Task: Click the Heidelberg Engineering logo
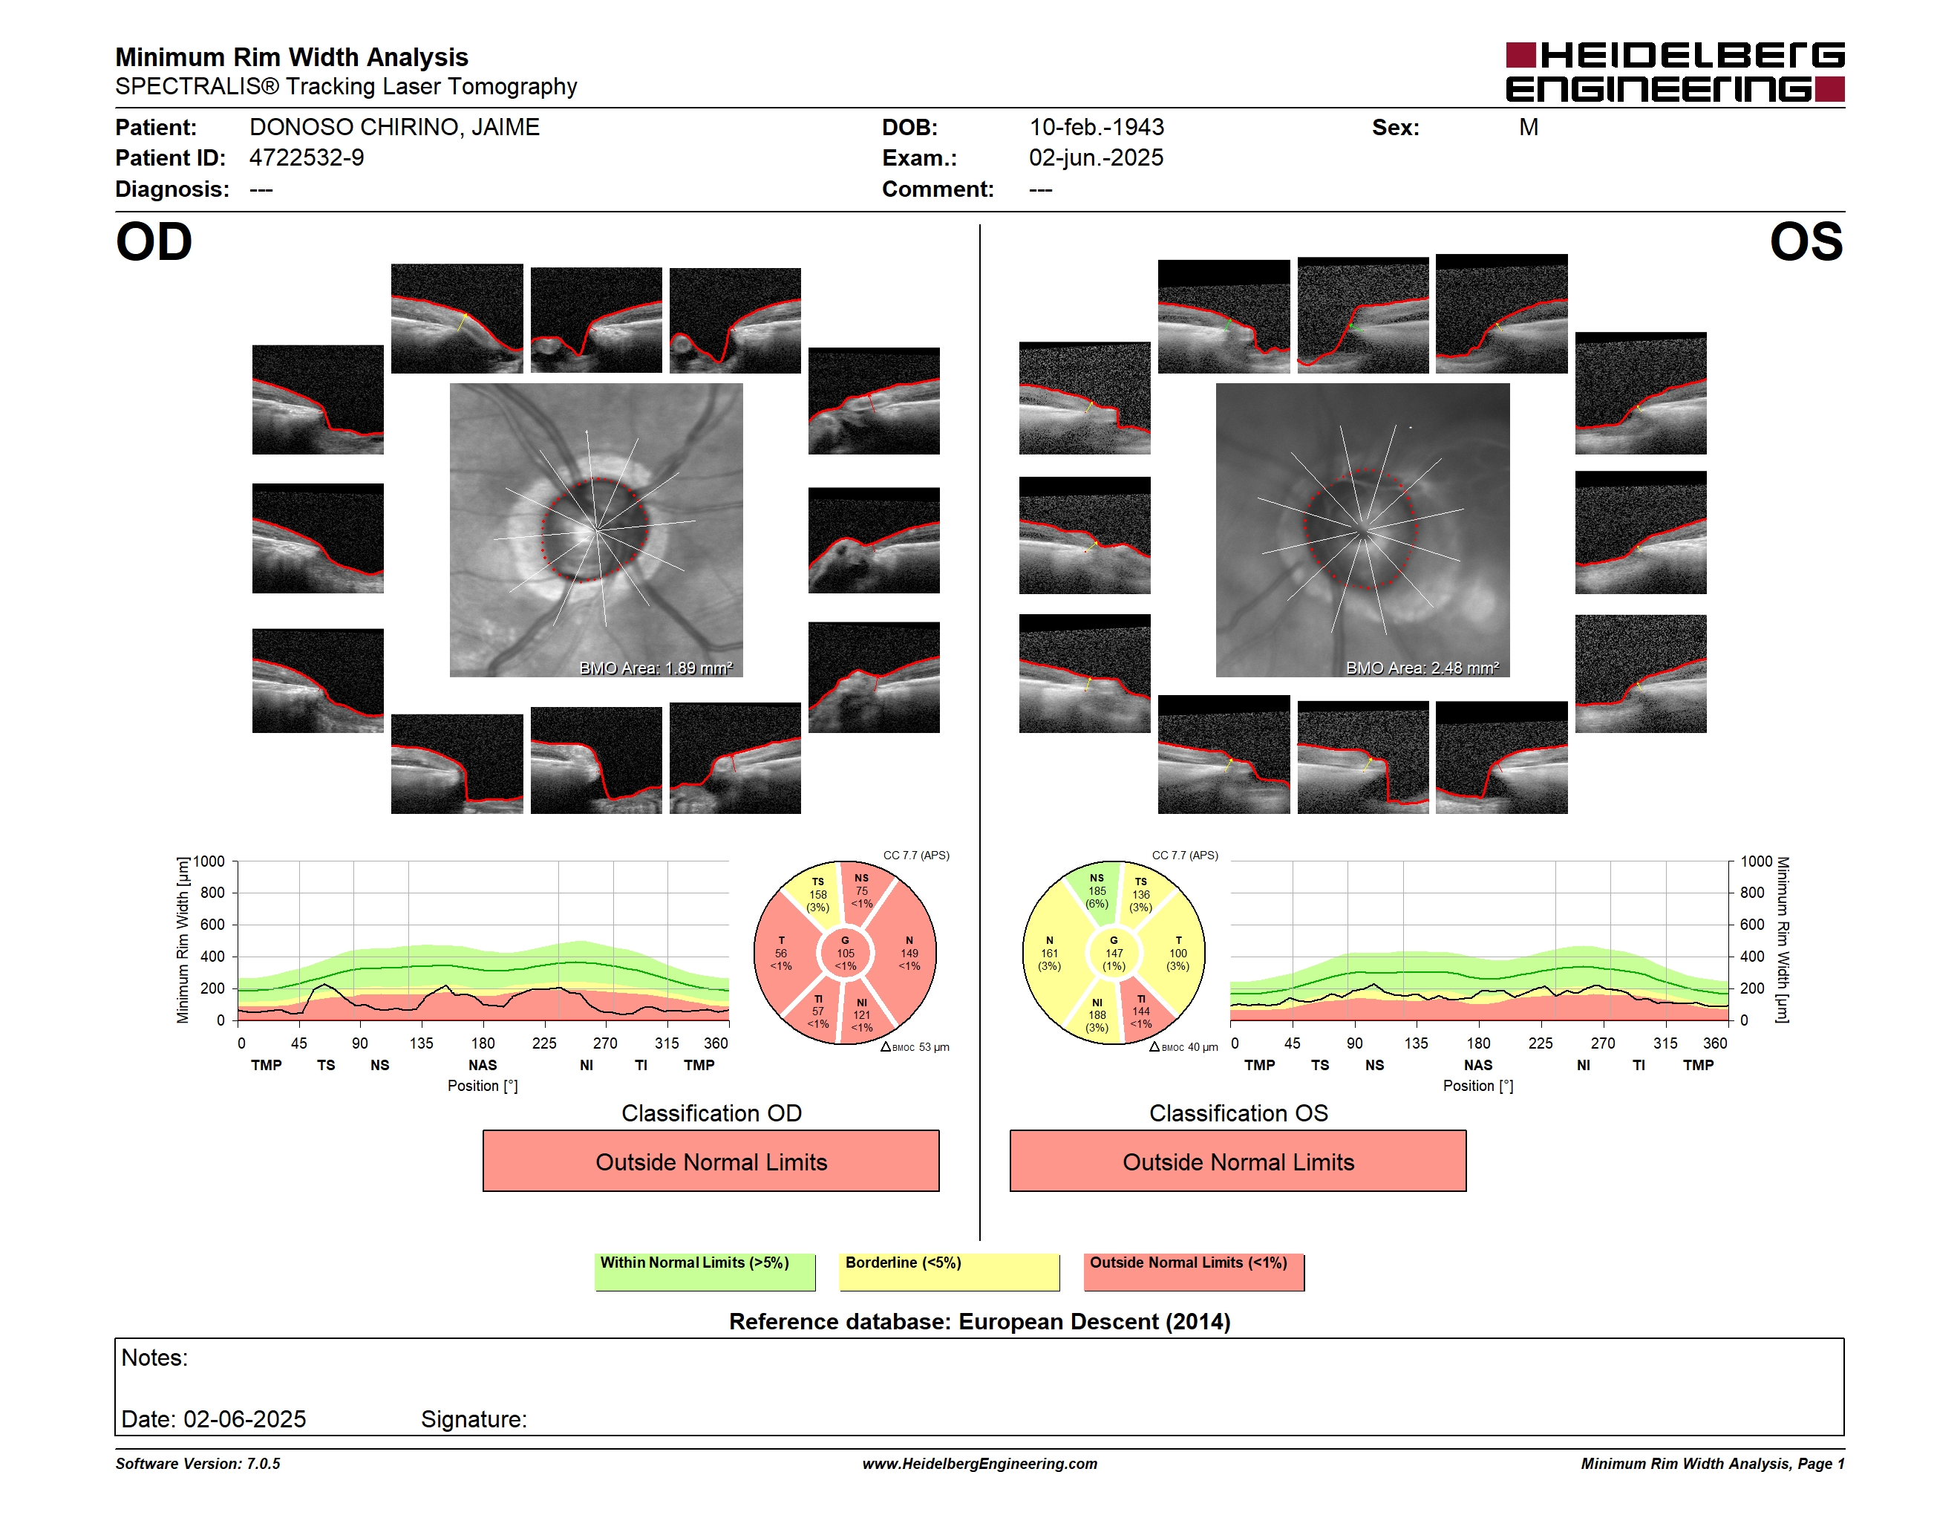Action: (x=1675, y=72)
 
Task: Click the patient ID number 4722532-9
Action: (x=306, y=158)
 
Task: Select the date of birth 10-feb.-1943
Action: (x=1096, y=128)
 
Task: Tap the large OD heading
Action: (x=154, y=241)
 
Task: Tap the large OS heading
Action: (x=1806, y=241)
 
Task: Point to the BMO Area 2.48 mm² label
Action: (x=1422, y=668)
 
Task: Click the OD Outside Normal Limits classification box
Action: (x=710, y=1161)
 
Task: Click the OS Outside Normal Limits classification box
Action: (x=1238, y=1161)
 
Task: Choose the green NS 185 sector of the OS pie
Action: (x=1096, y=891)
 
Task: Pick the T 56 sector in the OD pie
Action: (x=782, y=953)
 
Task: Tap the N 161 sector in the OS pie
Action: (x=1050, y=953)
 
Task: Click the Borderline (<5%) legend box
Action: (x=949, y=1271)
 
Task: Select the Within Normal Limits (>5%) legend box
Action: (x=705, y=1271)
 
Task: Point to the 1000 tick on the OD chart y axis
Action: (x=209, y=861)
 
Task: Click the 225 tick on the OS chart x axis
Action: (x=1540, y=1043)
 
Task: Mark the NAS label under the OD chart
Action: (x=482, y=1066)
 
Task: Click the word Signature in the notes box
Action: (x=473, y=1419)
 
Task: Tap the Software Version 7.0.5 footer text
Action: (x=197, y=1464)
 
